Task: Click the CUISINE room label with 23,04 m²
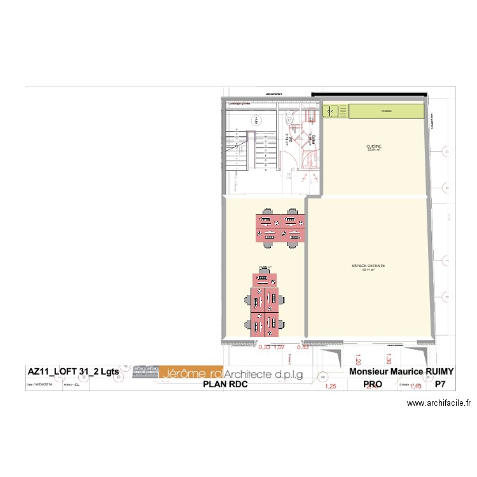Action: (x=374, y=148)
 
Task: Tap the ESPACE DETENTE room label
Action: (x=368, y=268)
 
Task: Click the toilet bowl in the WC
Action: (x=289, y=119)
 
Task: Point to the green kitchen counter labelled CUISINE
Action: (x=387, y=111)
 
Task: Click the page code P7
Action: (x=439, y=384)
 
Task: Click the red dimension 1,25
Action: (x=330, y=385)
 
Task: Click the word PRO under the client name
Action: (x=372, y=384)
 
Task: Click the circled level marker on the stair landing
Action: (x=257, y=119)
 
